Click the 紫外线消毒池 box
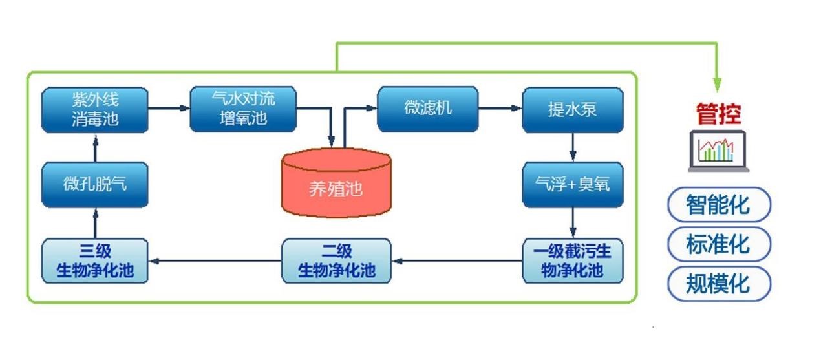pos(94,109)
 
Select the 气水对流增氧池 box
pos(243,109)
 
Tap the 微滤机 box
pos(427,109)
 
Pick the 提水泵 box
pos(572,109)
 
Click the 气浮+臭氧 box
pos(572,184)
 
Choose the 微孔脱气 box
pos(94,184)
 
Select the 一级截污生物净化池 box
pos(572,260)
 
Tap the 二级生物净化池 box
pos(336,260)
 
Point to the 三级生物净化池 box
pos(94,260)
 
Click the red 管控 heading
pos(718,114)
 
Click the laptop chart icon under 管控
pos(718,151)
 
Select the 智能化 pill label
pos(718,205)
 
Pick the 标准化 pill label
pos(718,244)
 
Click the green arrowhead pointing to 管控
pos(716,83)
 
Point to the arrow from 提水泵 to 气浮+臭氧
pos(572,147)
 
